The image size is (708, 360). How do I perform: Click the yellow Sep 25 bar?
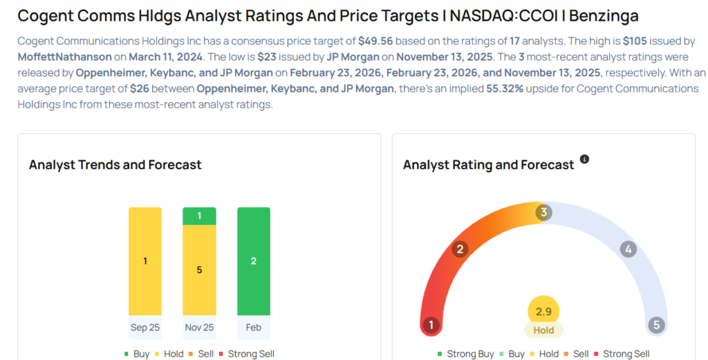pyautogui.click(x=145, y=261)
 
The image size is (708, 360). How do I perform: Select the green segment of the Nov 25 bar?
pyautogui.click(x=199, y=216)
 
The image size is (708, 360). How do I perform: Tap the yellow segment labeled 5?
pyautogui.click(x=199, y=269)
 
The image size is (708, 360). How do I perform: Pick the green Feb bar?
pyautogui.click(x=254, y=261)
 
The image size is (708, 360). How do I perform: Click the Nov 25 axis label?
pyautogui.click(x=199, y=328)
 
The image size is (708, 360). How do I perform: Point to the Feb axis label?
pyautogui.click(x=254, y=328)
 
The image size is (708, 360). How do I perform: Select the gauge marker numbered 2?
pyautogui.click(x=459, y=249)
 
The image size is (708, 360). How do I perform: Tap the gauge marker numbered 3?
pyautogui.click(x=543, y=213)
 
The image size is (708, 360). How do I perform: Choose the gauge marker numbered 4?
pyautogui.click(x=628, y=249)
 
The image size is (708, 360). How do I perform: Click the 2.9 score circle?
pyautogui.click(x=543, y=312)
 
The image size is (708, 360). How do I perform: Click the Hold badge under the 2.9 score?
pyautogui.click(x=543, y=330)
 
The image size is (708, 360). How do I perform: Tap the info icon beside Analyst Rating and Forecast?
pyautogui.click(x=584, y=160)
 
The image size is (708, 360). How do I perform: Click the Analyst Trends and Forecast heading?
pyautogui.click(x=115, y=164)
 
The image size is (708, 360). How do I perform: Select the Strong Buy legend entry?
pyautogui.click(x=465, y=354)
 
